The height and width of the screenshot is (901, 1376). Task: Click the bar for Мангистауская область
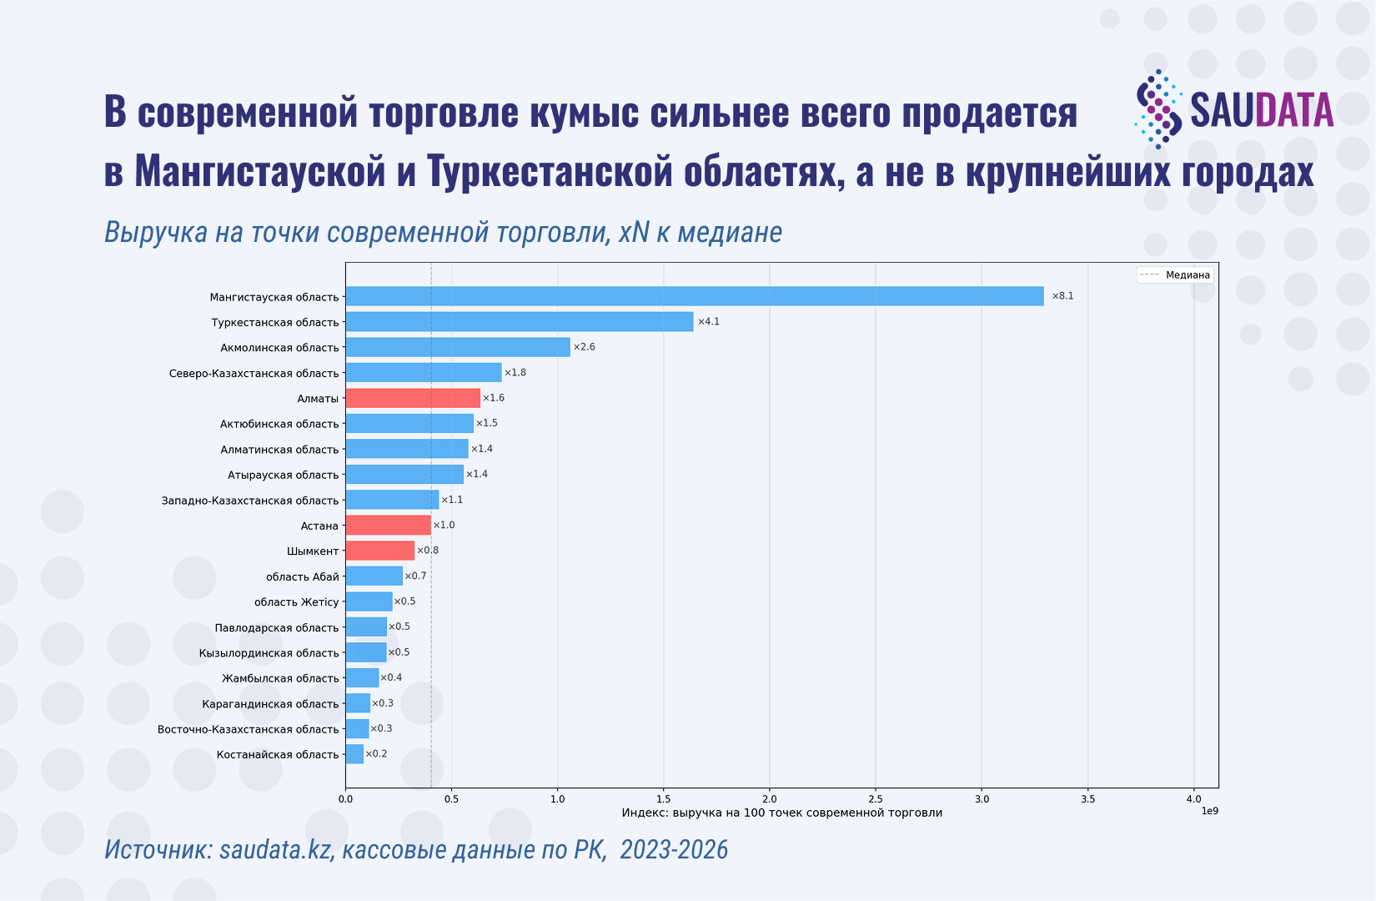[694, 296]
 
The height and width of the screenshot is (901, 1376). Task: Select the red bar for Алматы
[413, 398]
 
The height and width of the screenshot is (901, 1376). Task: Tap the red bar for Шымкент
[379, 551]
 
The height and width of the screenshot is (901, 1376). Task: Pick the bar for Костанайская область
[354, 754]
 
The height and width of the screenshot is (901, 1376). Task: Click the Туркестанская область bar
[519, 322]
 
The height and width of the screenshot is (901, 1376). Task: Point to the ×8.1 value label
[1062, 296]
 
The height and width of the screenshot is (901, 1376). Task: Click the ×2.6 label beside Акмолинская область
[584, 347]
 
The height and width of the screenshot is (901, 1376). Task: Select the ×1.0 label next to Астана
[444, 525]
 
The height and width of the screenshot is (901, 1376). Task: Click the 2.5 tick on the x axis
[876, 799]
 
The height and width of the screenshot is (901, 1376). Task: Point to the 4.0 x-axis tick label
[1193, 799]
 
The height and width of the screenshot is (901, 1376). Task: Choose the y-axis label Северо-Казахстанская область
[254, 373]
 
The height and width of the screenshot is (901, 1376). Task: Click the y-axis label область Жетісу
[296, 602]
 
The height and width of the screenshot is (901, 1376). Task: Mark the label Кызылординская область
[269, 652]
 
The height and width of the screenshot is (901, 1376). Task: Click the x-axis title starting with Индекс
[781, 813]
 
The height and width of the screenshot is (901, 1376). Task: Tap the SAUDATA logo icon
[1158, 109]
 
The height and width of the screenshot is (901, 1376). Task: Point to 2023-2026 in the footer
[674, 849]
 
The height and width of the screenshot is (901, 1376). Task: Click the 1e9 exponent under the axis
[1209, 811]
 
